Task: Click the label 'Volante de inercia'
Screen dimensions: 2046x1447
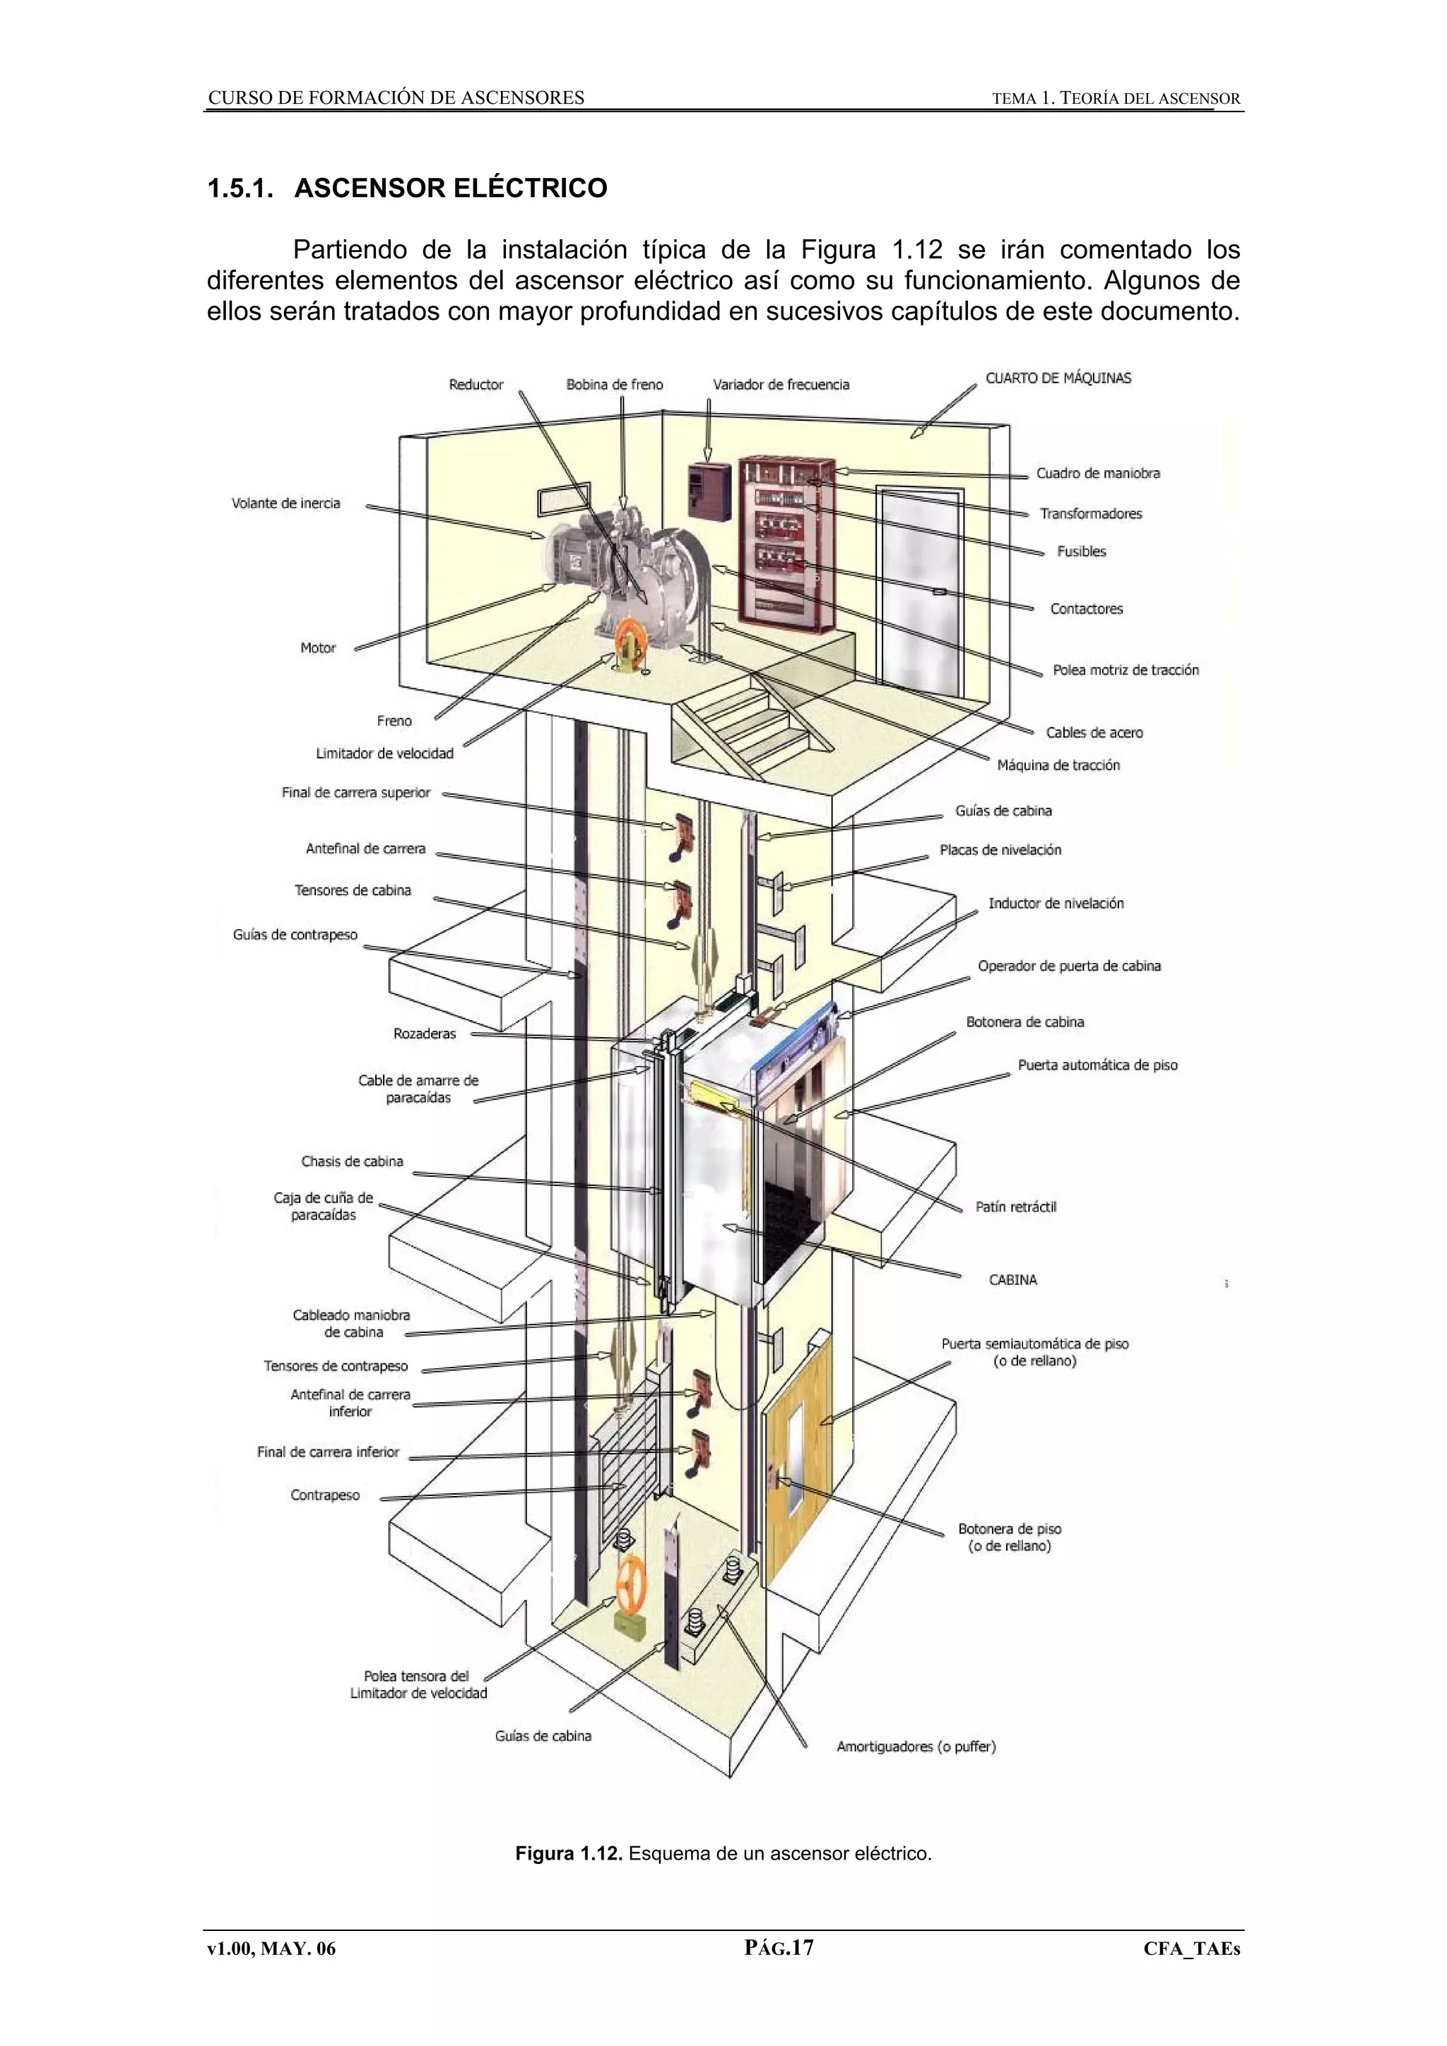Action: click(285, 503)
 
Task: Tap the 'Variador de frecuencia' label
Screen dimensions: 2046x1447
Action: click(780, 385)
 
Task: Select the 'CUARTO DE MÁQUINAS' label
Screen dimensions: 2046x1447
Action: click(1058, 378)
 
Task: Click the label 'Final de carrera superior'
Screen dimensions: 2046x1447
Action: click(355, 792)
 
